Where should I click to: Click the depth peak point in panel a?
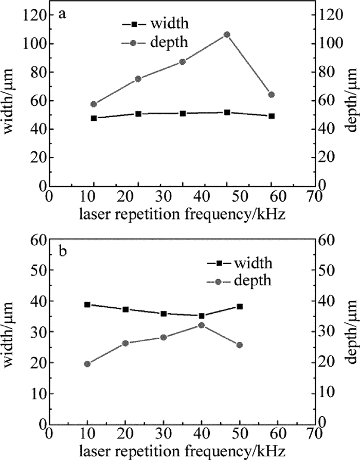click(x=227, y=34)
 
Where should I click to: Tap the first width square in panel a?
click(x=94, y=118)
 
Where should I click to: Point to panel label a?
click(x=62, y=14)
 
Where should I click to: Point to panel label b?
click(x=62, y=252)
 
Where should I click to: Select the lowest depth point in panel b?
click(x=87, y=364)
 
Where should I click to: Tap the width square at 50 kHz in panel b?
click(x=240, y=306)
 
